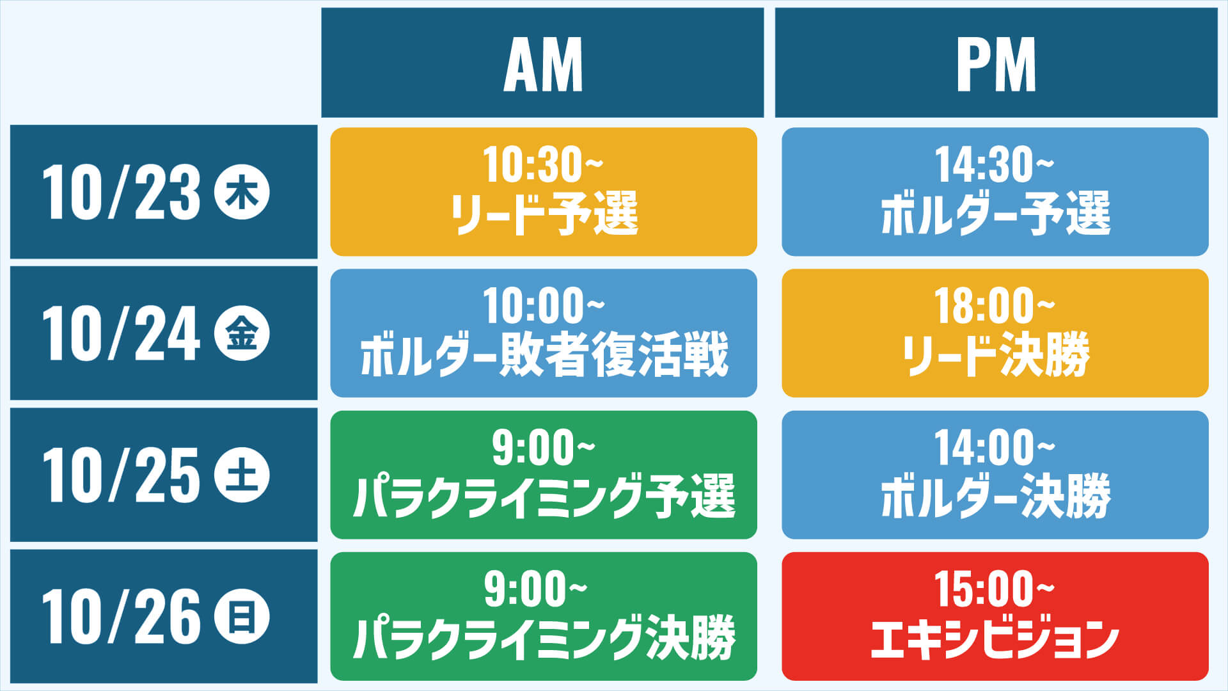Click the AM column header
(542, 63)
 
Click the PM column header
(996, 63)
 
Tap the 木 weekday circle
(242, 192)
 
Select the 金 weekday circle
(242, 333)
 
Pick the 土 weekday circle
(242, 475)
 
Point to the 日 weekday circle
(242, 617)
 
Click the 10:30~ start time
(543, 165)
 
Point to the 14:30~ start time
(995, 165)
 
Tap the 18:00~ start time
(995, 306)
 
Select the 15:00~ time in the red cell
(995, 589)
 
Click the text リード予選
(544, 214)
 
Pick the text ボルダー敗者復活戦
(544, 355)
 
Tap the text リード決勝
(996, 355)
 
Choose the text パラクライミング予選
(544, 496)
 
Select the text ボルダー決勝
(996, 496)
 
